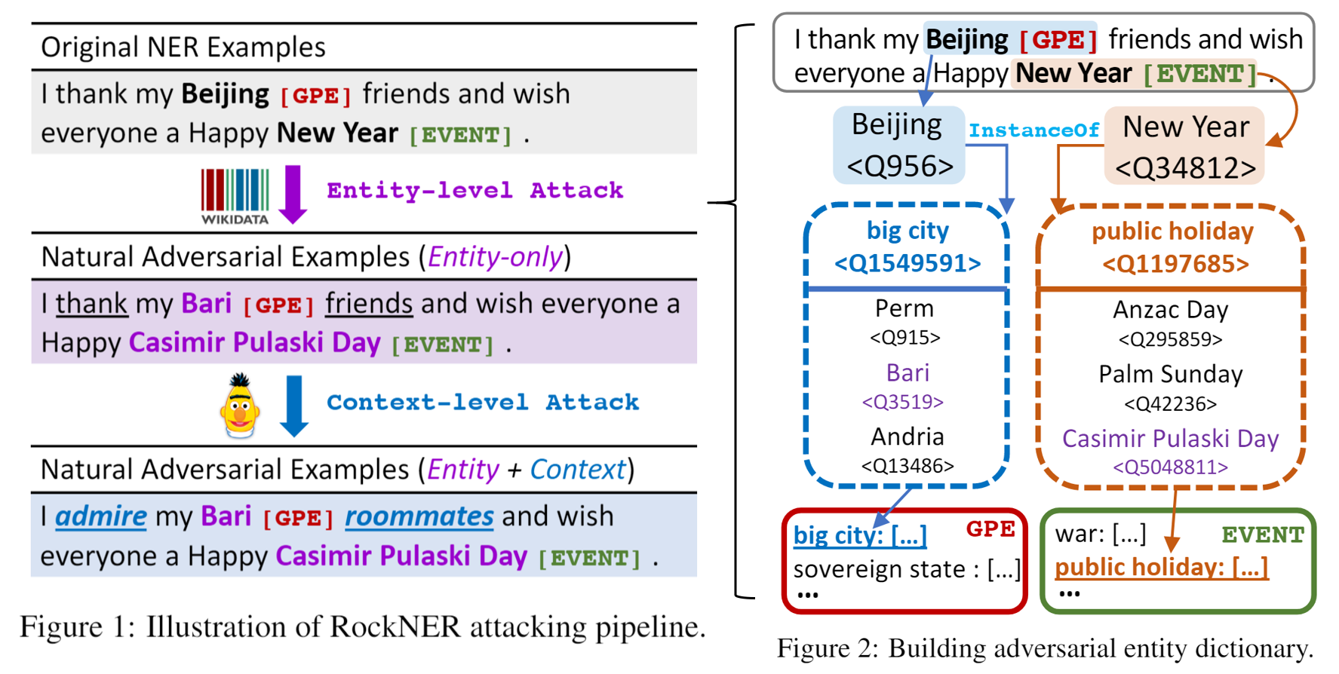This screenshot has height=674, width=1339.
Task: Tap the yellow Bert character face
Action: (x=240, y=406)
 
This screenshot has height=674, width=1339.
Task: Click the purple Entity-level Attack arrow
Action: (x=293, y=194)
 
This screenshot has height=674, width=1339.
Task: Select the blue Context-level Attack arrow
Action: (x=293, y=406)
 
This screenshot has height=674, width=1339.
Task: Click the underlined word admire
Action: (x=101, y=516)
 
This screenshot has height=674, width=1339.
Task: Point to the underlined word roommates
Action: (x=419, y=516)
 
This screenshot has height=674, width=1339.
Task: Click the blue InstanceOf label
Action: (x=1033, y=130)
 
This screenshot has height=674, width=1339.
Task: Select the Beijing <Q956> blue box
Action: (x=898, y=145)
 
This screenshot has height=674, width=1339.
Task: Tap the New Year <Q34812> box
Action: (x=1184, y=147)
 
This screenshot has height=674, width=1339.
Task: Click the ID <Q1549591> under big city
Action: (x=908, y=263)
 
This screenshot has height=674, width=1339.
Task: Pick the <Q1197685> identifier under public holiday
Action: (x=1175, y=264)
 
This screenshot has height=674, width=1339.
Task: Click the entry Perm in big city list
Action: (x=904, y=308)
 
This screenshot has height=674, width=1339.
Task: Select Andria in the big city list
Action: (x=907, y=437)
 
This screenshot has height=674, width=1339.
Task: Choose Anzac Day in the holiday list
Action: (x=1170, y=310)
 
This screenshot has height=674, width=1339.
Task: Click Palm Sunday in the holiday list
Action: (x=1170, y=374)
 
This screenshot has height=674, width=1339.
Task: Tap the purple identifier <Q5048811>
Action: (x=1170, y=467)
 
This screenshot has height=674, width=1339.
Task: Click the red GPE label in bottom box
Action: (x=990, y=529)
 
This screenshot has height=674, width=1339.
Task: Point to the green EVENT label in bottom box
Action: (x=1263, y=535)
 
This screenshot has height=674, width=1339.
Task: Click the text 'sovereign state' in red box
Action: (x=879, y=569)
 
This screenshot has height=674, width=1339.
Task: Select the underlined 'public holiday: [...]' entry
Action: (x=1161, y=567)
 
